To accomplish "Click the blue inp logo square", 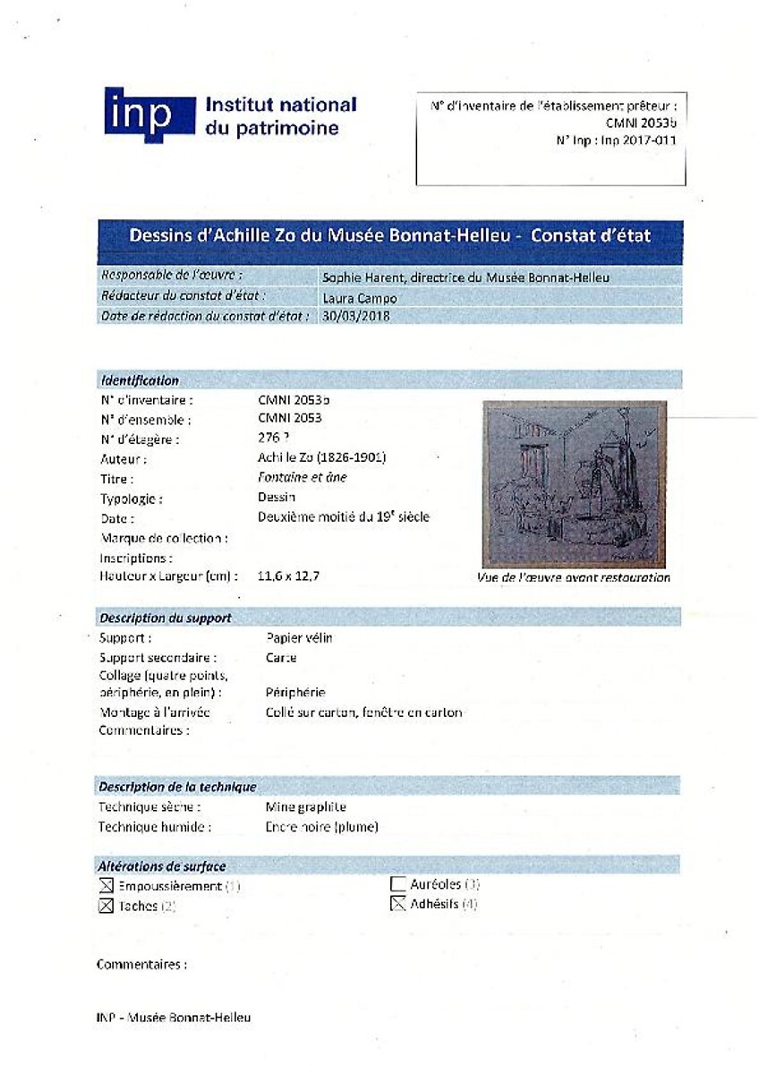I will (149, 115).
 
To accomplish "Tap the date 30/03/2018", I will (355, 317).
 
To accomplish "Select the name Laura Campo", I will (359, 297).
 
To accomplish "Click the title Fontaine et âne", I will (302, 478).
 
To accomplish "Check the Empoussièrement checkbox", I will (107, 887).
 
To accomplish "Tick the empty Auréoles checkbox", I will (398, 885).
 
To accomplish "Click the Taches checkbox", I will (107, 907).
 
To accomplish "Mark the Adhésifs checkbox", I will (398, 905).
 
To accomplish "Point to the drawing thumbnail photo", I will (574, 484).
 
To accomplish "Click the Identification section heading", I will (140, 380).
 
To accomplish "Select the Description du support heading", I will (166, 618).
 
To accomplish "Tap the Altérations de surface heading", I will (162, 866).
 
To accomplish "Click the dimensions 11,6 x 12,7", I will (288, 576).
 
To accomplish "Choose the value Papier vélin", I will (299, 638).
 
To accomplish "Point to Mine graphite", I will (305, 807).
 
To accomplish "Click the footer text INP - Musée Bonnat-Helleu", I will (174, 1018).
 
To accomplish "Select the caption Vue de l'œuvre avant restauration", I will (574, 578).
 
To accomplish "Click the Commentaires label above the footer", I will (141, 965).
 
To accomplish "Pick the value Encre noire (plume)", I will (321, 827).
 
